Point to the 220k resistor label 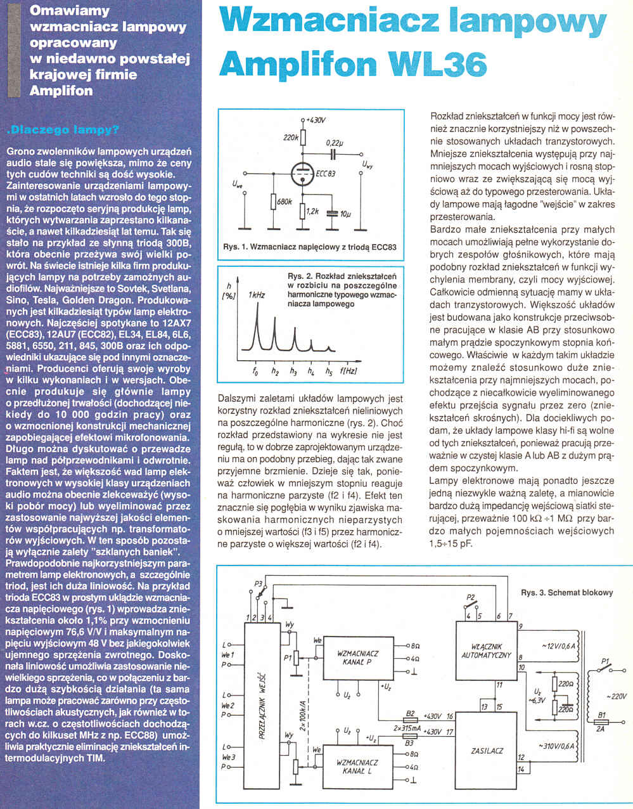[x=291, y=137]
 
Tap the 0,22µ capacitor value [x=335, y=143]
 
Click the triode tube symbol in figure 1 [x=303, y=172]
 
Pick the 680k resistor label [x=285, y=202]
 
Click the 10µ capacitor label [x=345, y=214]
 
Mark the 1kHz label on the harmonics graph [x=257, y=295]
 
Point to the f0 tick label [x=255, y=372]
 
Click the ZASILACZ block [x=487, y=751]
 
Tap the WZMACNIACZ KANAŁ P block [x=358, y=657]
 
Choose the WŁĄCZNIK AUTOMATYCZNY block [x=487, y=651]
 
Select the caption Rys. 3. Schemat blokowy [x=566, y=593]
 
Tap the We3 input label [x=227, y=758]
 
